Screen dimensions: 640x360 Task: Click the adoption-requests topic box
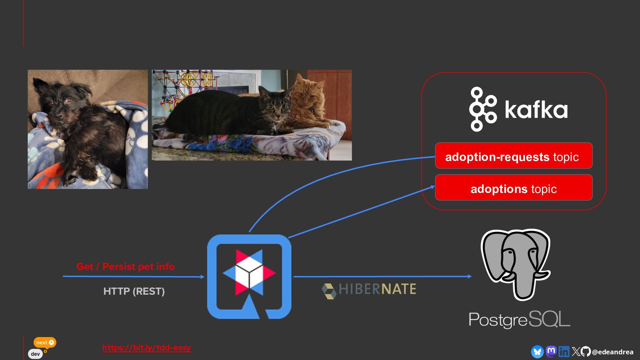click(514, 156)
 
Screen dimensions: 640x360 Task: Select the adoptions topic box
click(514, 188)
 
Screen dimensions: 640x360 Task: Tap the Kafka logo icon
click(483, 109)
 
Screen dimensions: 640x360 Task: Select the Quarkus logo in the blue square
click(249, 276)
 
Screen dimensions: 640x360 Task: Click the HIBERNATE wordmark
click(377, 289)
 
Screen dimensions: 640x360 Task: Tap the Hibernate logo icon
click(329, 291)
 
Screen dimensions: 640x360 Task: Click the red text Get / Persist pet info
click(125, 267)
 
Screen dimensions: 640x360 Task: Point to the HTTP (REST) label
click(134, 291)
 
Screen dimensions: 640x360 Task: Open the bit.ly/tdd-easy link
click(146, 348)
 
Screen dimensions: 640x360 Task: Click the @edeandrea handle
click(613, 352)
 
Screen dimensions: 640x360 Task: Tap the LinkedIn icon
click(564, 352)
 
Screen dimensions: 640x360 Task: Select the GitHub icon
click(586, 351)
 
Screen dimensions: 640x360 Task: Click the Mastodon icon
click(551, 351)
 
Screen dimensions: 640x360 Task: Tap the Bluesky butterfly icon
click(537, 352)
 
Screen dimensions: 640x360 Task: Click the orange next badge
click(45, 342)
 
